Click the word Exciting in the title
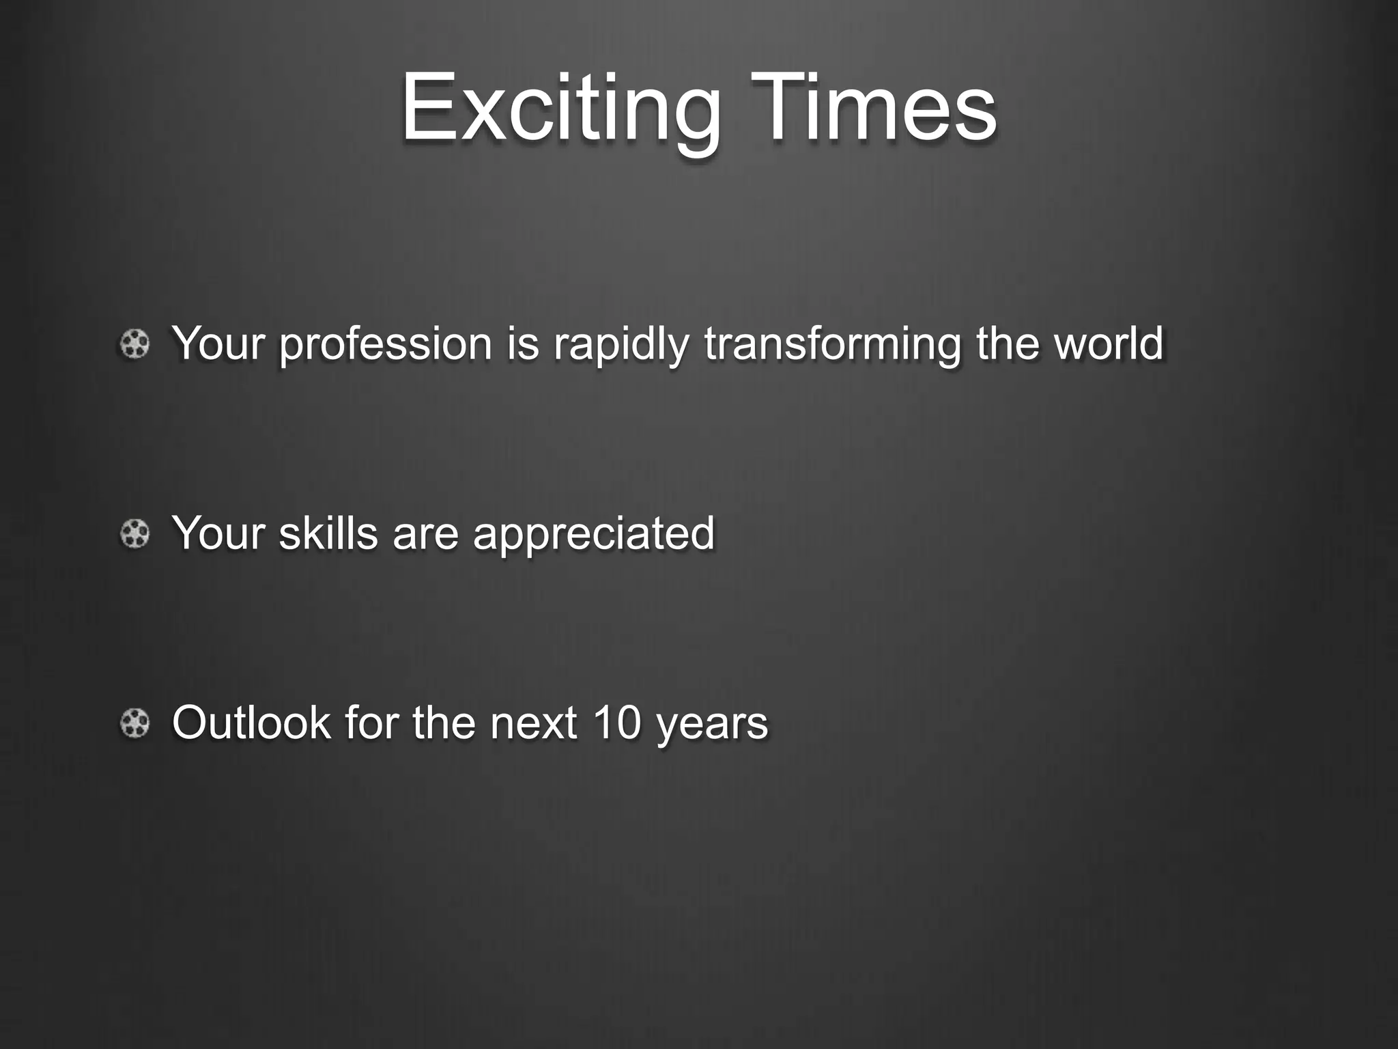[560, 109]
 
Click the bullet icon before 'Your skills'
[134, 533]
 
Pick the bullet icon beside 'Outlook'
[134, 723]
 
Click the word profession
[385, 344]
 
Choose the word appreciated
[593, 534]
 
